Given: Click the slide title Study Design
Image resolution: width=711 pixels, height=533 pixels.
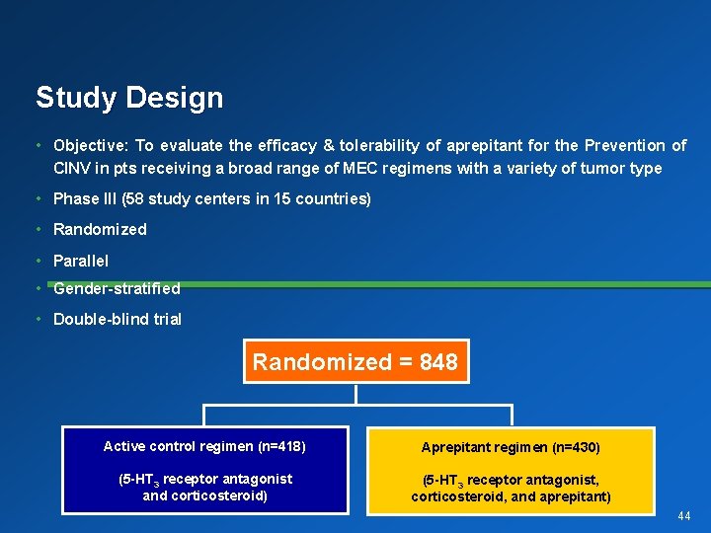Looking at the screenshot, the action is coord(129,98).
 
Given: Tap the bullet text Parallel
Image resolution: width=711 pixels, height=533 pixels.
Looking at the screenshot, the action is coord(81,261).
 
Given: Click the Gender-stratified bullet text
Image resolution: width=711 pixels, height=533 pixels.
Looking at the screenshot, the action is coord(117,288).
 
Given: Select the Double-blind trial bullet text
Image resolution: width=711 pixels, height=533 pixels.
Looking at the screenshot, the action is coord(118,319).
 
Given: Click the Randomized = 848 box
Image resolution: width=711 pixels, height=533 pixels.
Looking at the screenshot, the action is coord(355,362).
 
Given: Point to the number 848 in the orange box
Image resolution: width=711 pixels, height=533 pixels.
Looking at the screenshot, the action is coord(438,362).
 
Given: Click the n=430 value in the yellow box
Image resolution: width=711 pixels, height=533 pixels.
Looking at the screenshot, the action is coord(575,447).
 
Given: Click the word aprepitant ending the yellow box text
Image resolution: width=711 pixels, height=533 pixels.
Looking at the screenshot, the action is coord(575,496).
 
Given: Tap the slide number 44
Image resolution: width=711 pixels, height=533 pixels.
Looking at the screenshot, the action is coord(684,516).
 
